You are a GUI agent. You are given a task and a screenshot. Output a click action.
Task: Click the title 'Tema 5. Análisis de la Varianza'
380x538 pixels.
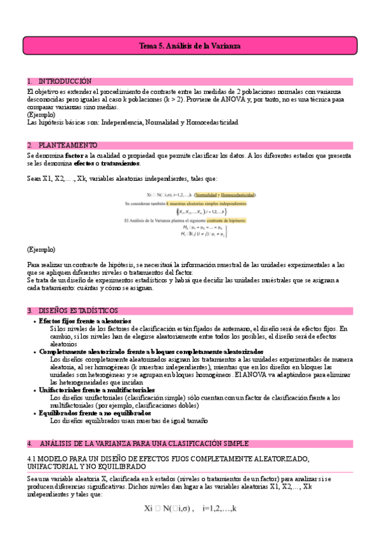coord(190,46)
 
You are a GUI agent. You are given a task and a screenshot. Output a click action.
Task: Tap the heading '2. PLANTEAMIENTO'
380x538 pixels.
coord(62,145)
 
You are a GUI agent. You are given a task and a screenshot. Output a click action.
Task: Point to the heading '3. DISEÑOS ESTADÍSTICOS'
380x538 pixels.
coord(72,310)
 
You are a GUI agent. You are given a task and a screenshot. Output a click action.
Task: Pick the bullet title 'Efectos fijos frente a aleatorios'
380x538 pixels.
coord(85,321)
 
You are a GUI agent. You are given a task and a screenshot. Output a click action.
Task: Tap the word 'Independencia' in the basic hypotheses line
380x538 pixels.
coord(122,122)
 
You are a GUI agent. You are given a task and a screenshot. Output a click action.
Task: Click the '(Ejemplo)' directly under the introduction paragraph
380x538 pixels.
coord(41,115)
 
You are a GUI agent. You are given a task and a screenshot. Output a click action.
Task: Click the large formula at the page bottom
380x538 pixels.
coord(190,508)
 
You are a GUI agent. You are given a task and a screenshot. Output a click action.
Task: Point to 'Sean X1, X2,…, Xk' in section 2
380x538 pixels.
coord(51,180)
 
